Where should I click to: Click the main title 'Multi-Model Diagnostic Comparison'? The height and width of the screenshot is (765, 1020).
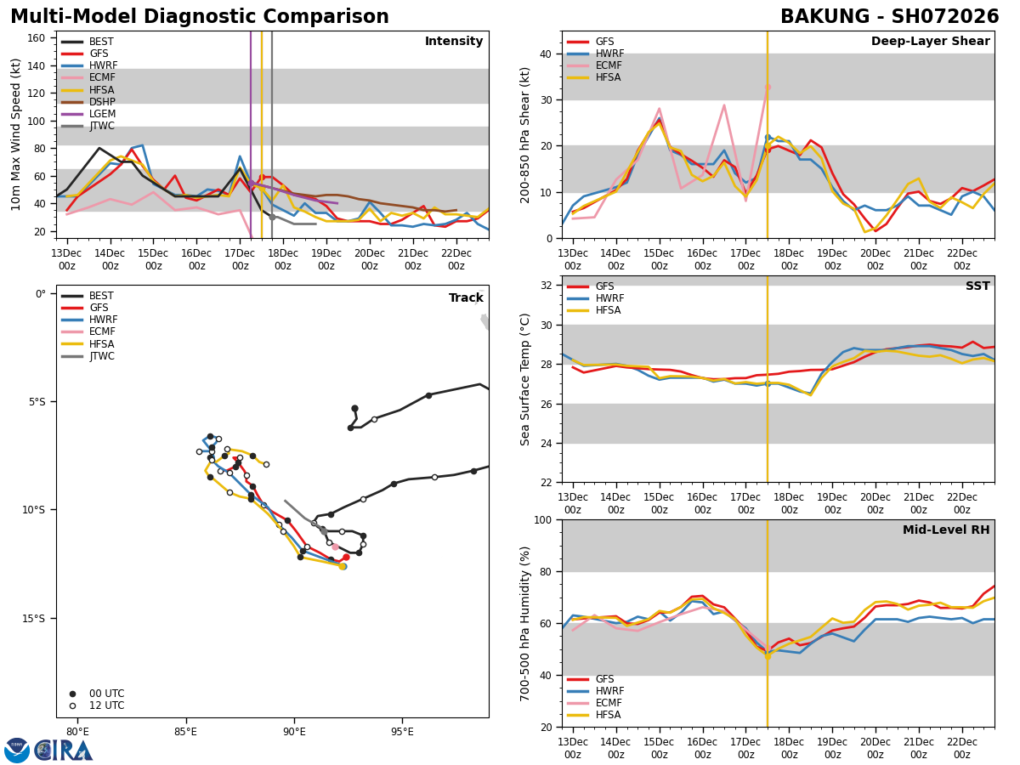200,17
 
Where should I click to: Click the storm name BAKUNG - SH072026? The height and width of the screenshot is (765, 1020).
889,17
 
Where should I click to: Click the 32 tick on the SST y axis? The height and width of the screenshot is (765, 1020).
547,286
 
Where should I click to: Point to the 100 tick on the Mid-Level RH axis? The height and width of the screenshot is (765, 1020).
542,519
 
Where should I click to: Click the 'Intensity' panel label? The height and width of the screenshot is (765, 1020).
454,42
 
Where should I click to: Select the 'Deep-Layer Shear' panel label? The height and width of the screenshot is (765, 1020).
930,42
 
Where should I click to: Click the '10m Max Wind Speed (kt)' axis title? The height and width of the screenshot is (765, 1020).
16,134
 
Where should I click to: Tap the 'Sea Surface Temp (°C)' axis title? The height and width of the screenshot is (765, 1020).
525,379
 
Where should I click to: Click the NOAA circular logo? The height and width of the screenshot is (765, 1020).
17,750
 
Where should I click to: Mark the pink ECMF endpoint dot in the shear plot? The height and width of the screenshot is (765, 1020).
768,87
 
